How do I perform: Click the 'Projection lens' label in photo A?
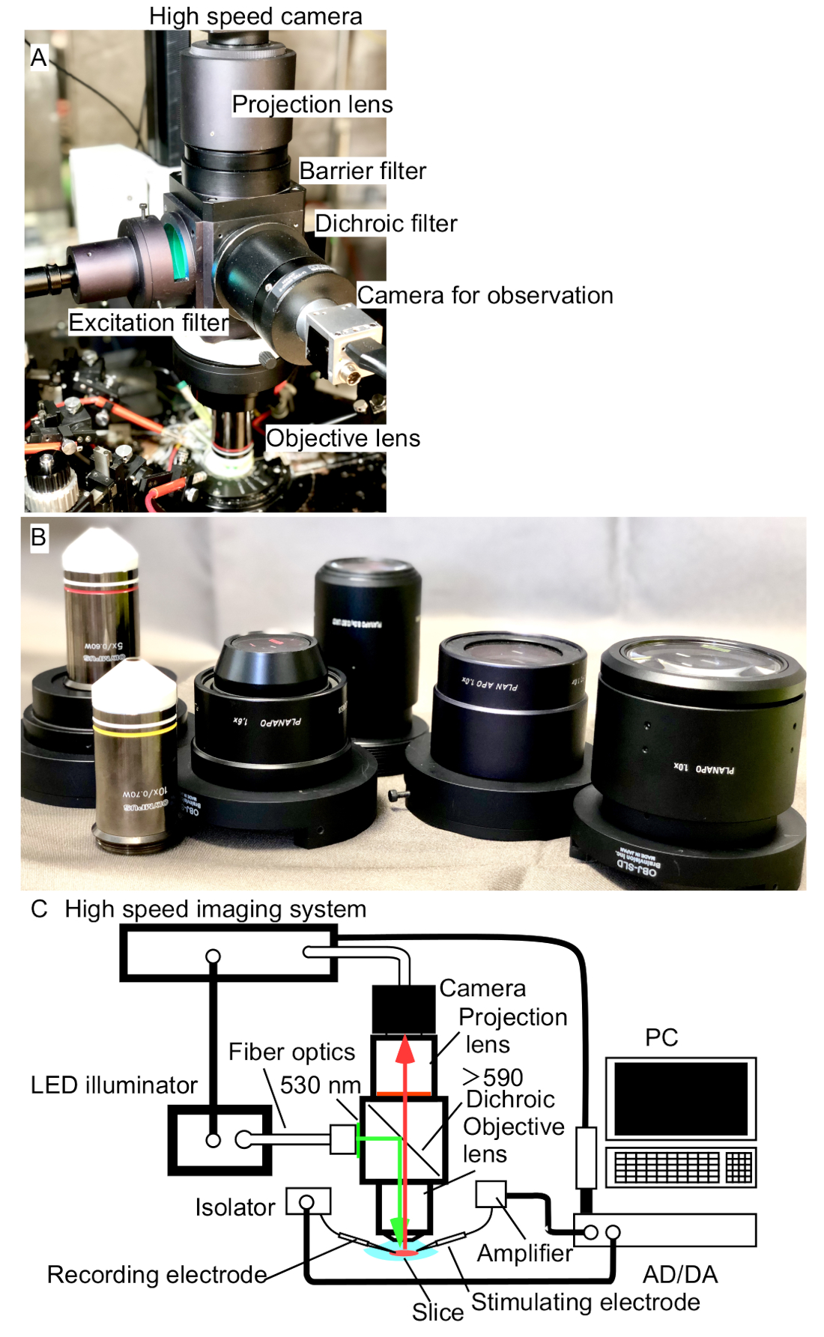point(312,104)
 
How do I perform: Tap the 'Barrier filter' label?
point(363,171)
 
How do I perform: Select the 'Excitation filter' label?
point(148,323)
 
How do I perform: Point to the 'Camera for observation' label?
point(485,295)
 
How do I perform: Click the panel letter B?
point(37,537)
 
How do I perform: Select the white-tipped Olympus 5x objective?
point(101,607)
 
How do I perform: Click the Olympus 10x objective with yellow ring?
point(135,757)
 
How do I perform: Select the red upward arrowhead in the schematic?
point(405,1050)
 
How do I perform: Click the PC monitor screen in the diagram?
point(680,1098)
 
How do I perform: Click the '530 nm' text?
point(320,1085)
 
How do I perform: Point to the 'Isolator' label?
point(234,1207)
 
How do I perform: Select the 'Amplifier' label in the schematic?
point(524,1252)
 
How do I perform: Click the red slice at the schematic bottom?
point(405,1252)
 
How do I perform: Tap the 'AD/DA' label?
point(679,1274)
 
